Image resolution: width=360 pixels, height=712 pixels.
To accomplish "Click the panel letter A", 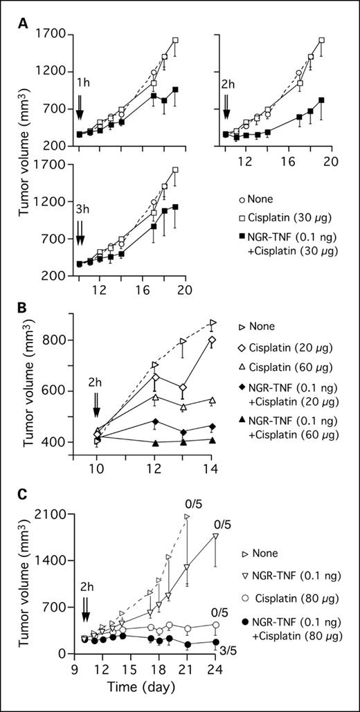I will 23,23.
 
